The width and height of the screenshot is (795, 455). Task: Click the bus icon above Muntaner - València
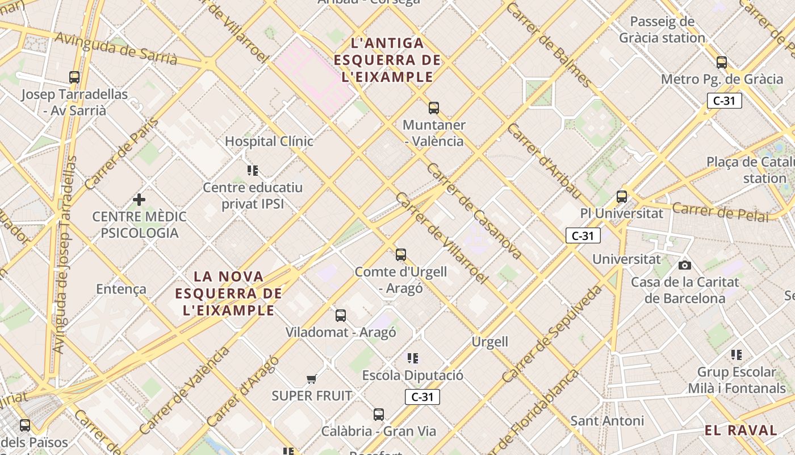434,107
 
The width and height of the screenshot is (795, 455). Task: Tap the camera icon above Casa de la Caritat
685,265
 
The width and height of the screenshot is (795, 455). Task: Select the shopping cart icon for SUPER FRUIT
311,379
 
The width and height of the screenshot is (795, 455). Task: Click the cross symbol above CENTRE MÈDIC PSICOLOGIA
139,200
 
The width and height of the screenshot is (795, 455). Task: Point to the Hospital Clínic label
269,141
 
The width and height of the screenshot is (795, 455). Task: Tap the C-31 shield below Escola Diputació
422,397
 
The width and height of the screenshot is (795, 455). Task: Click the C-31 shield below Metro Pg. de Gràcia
725,101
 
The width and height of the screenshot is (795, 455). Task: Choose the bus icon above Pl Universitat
622,197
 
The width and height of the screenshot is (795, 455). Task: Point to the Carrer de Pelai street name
721,212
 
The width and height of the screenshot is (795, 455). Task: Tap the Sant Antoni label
607,421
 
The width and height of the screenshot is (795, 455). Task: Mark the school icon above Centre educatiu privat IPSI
253,170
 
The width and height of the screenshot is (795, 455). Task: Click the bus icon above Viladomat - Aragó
341,315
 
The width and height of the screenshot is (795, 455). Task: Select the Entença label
121,289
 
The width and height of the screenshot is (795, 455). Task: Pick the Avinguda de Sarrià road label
116,48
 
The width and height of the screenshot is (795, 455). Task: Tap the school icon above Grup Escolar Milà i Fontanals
737,355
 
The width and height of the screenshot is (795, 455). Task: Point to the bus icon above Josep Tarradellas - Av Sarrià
74,77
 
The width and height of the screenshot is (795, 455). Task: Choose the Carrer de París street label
122,153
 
